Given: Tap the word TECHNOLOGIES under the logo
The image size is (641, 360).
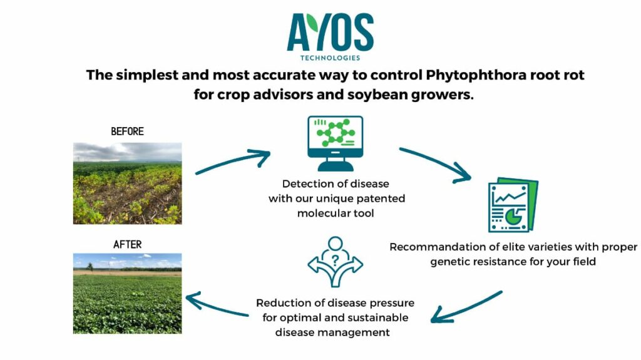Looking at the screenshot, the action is click(x=331, y=58).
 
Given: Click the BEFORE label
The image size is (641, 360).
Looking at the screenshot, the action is click(x=128, y=131).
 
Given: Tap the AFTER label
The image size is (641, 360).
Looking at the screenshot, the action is click(x=128, y=245).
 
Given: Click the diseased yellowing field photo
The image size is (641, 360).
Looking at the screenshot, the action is click(x=128, y=183).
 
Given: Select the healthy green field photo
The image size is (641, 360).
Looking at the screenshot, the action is click(x=128, y=293).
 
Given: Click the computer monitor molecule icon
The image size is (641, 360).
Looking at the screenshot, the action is click(x=336, y=143).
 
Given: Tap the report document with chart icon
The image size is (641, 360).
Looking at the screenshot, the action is click(x=513, y=205).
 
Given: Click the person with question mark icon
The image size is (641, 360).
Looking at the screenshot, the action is click(x=336, y=262).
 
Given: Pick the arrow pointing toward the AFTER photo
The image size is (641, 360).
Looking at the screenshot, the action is click(x=216, y=305).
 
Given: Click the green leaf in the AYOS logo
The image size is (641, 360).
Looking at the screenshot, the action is click(x=313, y=23).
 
